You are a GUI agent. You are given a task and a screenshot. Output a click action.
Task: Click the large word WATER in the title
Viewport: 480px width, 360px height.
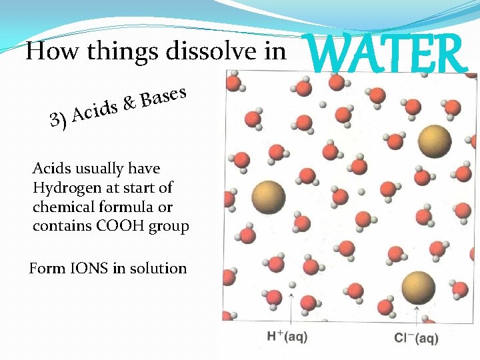(387, 54)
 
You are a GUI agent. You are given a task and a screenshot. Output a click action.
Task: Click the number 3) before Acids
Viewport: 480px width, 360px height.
(59, 121)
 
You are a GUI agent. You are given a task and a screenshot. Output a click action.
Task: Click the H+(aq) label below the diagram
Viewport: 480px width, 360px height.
(287, 337)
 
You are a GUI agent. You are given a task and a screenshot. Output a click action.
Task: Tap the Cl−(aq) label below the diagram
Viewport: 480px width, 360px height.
(417, 338)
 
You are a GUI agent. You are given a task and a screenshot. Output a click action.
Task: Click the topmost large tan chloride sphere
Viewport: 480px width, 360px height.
(434, 140)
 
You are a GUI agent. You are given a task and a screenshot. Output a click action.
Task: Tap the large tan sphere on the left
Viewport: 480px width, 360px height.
(269, 197)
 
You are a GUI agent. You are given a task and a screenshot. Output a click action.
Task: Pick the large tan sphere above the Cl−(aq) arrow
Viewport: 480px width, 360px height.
(419, 288)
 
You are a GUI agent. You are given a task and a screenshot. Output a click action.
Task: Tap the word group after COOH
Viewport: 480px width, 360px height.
(171, 226)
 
